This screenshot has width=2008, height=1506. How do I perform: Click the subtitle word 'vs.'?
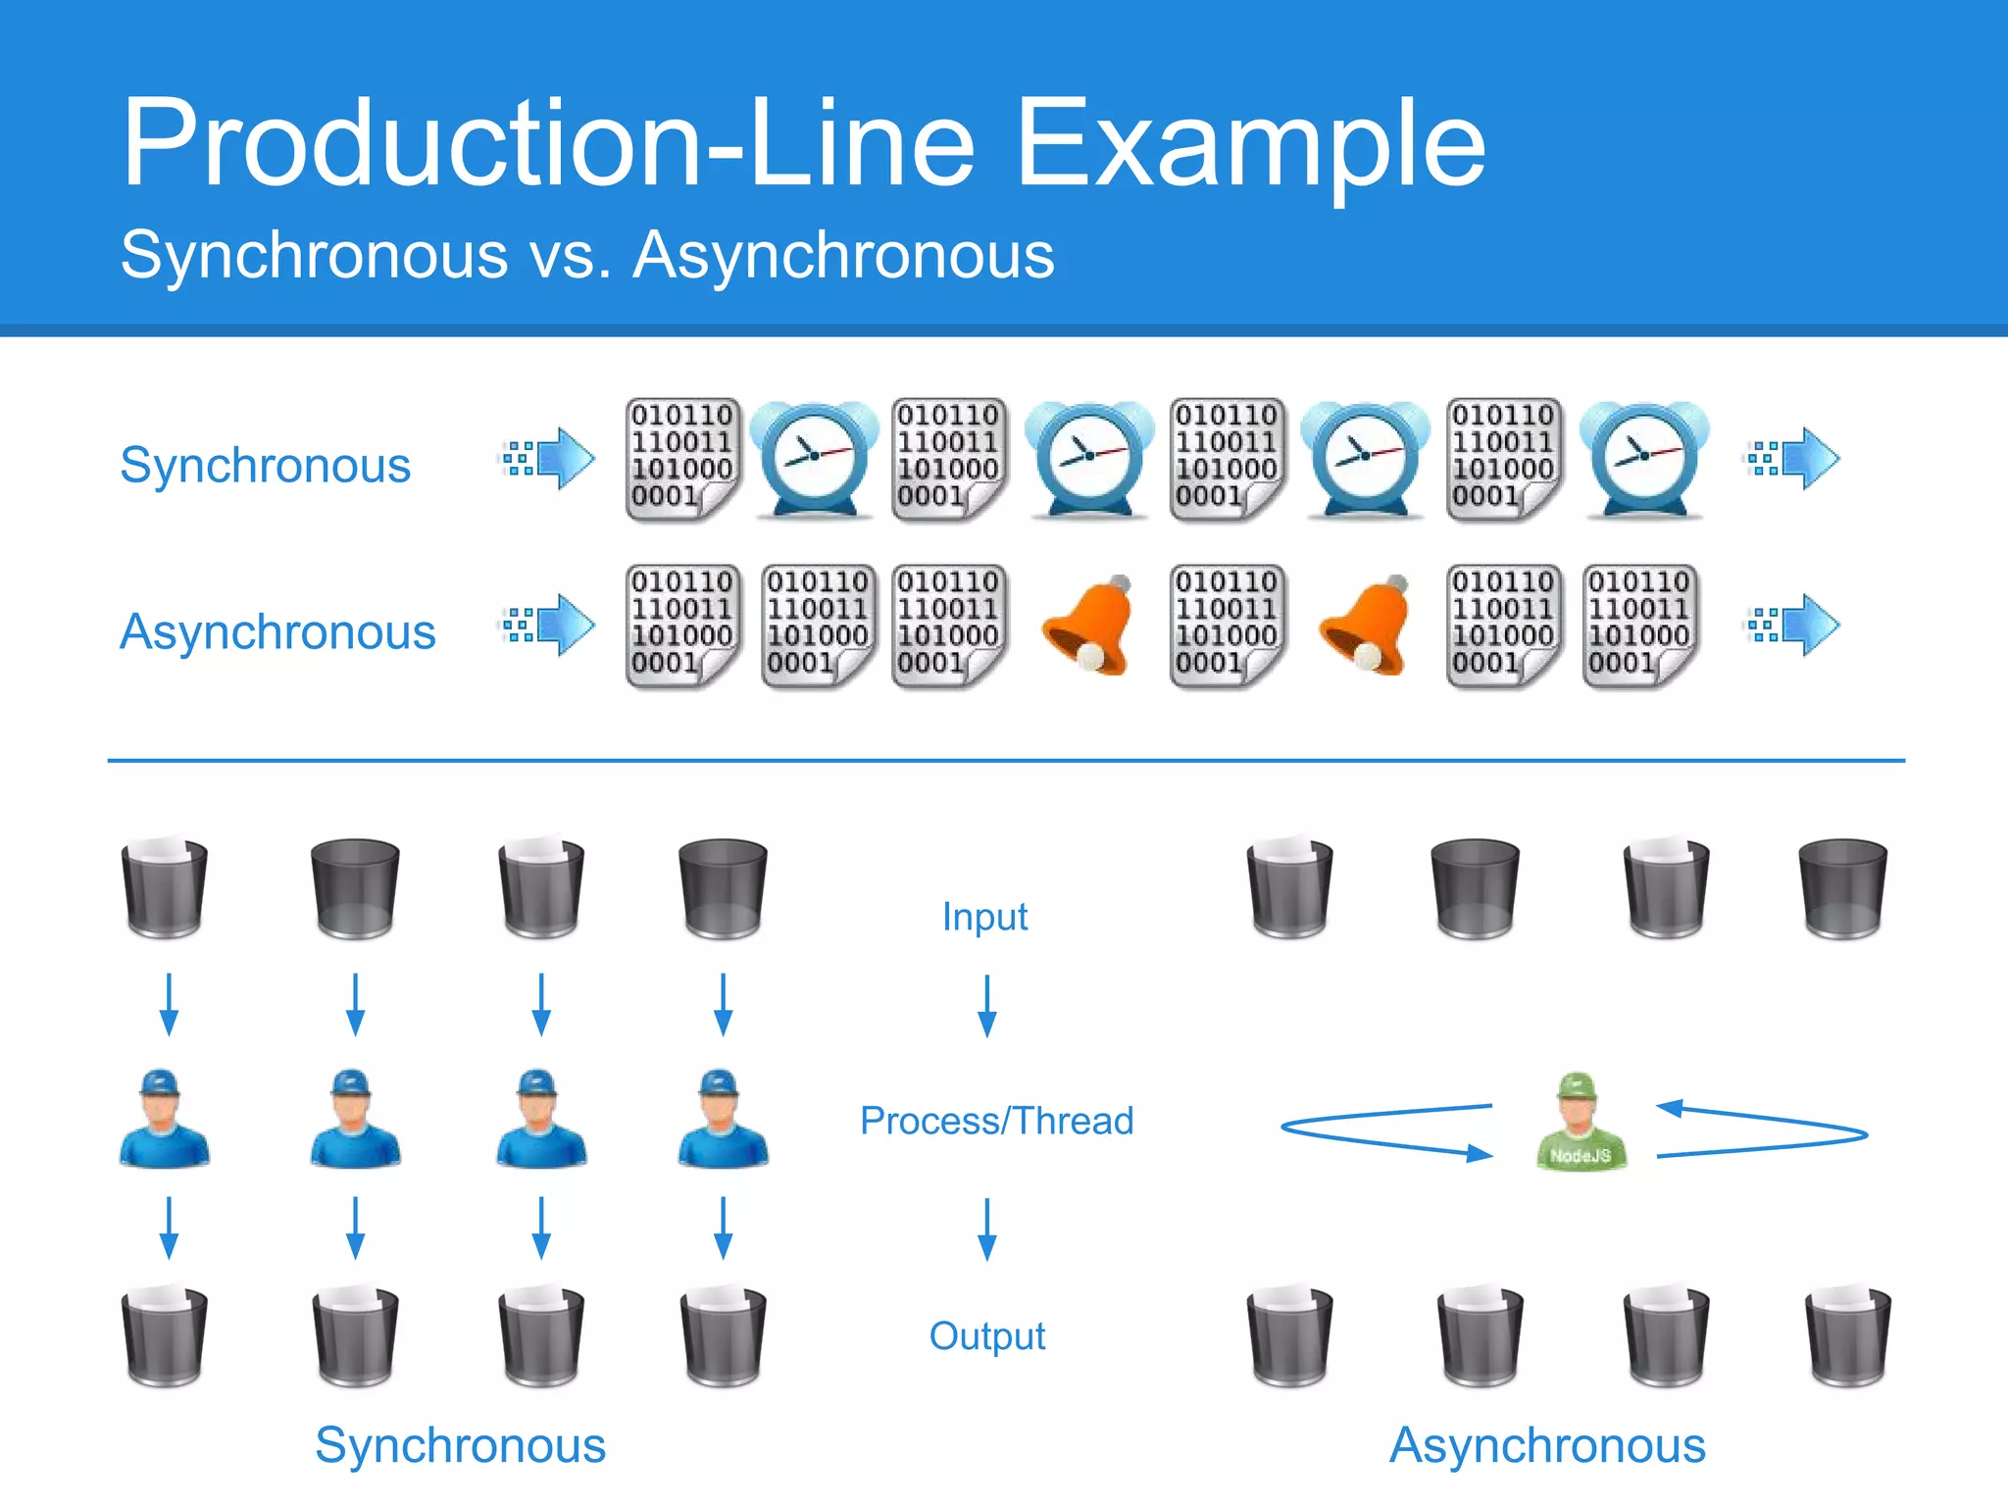(570, 255)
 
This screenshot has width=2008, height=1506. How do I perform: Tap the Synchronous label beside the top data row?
(265, 465)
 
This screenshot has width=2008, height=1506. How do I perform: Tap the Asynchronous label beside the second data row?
(277, 631)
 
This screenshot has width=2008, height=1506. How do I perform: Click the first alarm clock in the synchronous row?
(814, 459)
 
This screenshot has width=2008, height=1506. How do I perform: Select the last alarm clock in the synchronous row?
(1644, 459)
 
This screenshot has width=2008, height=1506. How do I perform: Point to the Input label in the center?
(984, 917)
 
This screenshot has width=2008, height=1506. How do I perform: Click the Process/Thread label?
(996, 1121)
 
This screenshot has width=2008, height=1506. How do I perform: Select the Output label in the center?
(986, 1335)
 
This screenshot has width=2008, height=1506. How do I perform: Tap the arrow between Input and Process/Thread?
(987, 1006)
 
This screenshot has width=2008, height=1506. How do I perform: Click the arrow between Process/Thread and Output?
(987, 1229)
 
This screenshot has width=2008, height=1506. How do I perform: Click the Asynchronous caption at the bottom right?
(1547, 1445)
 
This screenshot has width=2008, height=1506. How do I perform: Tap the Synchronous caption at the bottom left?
(460, 1445)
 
